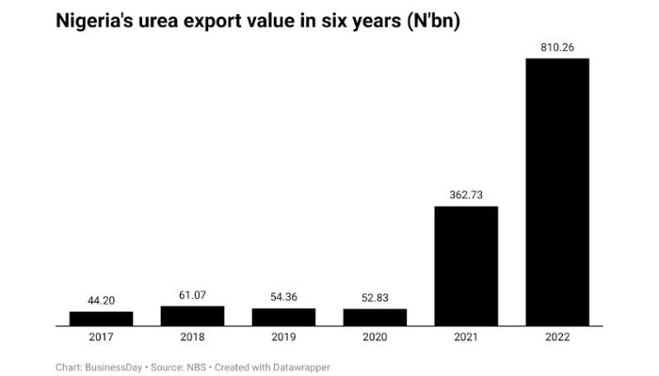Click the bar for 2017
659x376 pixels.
101,319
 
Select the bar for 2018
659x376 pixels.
192,316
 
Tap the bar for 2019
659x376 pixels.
283,317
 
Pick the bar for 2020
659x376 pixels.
375,317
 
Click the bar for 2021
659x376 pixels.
466,266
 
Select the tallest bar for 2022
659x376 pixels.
557,192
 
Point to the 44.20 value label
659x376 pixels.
101,301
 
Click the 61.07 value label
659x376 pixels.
192,295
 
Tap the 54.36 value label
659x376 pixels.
283,298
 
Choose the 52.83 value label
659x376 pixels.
375,298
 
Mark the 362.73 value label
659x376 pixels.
466,196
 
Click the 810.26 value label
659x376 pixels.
557,48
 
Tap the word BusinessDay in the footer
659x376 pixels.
112,367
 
